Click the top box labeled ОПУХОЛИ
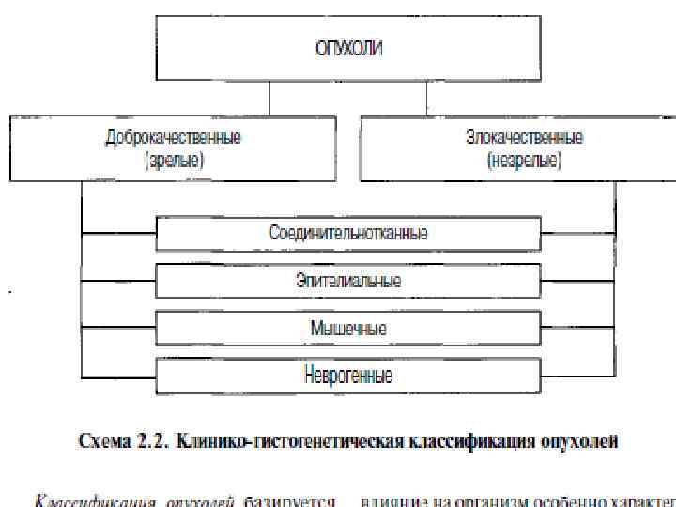348,46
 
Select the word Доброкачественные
173,137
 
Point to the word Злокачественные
524,137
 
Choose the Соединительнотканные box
348,231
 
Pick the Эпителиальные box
348,280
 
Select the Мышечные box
348,329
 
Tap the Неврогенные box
348,376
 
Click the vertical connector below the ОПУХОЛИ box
270,97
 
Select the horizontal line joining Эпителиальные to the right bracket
577,280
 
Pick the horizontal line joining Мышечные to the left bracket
118,329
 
